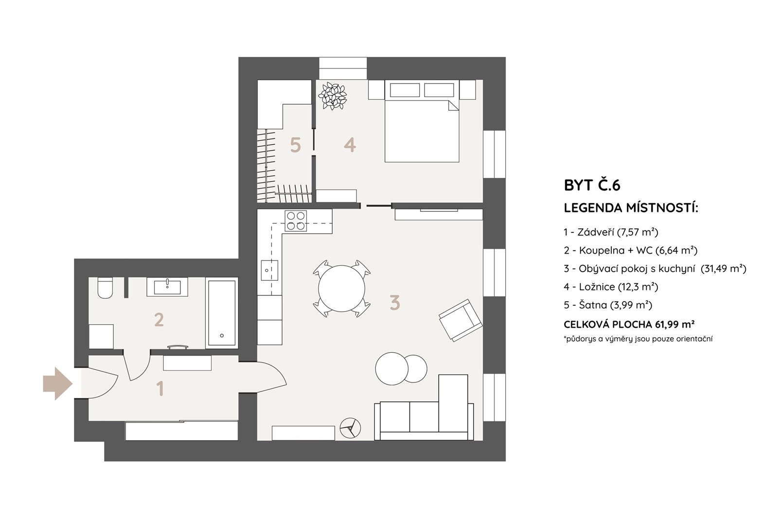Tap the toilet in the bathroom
click(105, 288)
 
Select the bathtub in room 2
click(222, 313)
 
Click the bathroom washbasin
click(167, 287)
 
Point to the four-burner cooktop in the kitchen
click(296, 221)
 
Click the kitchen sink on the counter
click(269, 270)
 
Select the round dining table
click(341, 289)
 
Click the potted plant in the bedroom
click(333, 96)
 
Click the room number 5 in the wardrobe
click(295, 145)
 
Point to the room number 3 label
click(395, 303)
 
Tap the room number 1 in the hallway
click(160, 389)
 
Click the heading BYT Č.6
click(592, 185)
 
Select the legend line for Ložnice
click(611, 287)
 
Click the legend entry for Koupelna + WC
click(631, 250)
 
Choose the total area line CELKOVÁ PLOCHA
click(629, 324)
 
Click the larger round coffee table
click(391, 368)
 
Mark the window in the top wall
click(343, 69)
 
